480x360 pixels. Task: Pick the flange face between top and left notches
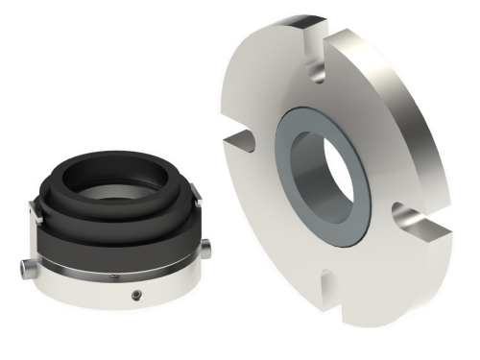pyautogui.click(x=264, y=86)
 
